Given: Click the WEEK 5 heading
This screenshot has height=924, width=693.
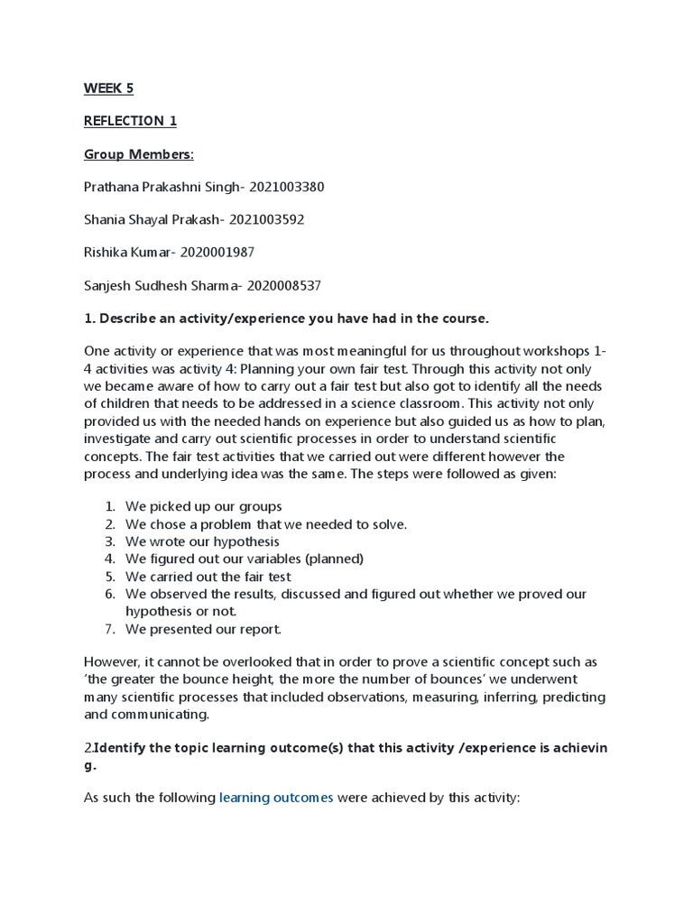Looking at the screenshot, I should (x=108, y=88).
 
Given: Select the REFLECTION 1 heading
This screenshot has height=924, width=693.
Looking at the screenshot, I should (x=125, y=121).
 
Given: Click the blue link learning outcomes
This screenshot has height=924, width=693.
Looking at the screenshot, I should (x=276, y=798).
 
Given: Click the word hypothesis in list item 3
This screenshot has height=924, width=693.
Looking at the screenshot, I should (x=248, y=541).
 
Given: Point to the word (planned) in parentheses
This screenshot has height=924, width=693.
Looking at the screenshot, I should (x=332, y=559).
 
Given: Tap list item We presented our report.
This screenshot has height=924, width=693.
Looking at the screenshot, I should (x=204, y=629).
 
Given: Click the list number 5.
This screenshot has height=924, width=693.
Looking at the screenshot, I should (x=109, y=577).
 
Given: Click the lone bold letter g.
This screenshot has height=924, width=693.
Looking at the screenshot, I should (x=88, y=765).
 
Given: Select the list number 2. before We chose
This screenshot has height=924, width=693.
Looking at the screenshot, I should (x=109, y=524).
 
